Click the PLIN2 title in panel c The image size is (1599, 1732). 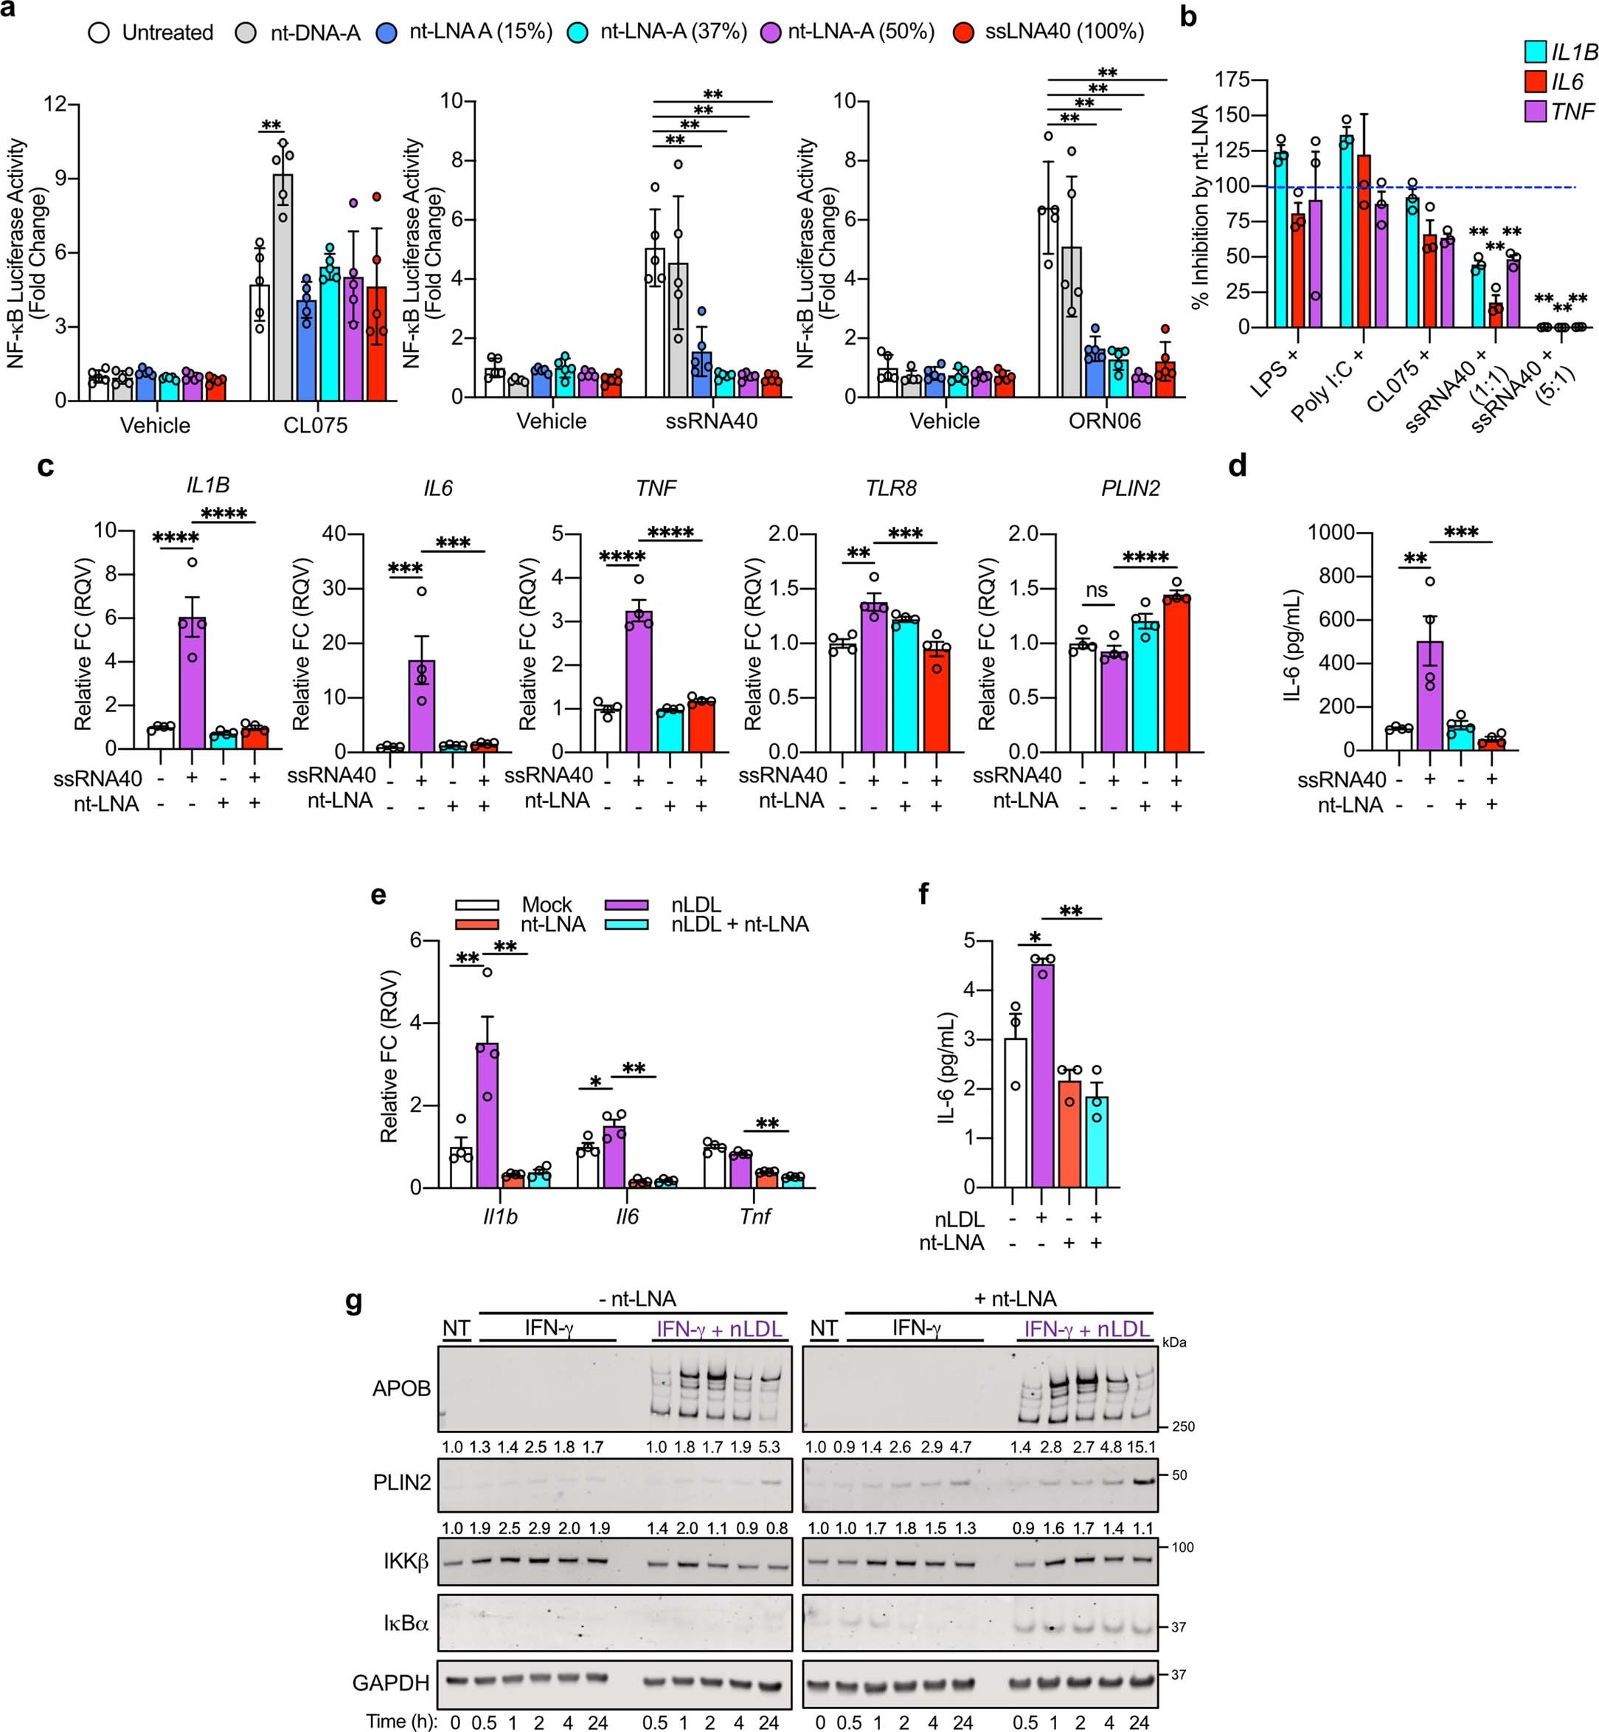pos(1129,489)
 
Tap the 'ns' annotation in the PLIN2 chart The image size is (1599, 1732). pos(1096,590)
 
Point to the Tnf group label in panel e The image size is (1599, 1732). pos(755,1216)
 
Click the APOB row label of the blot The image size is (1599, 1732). pos(401,1388)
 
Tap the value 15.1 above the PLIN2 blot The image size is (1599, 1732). pos(1140,1446)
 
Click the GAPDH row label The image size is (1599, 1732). pos(390,1683)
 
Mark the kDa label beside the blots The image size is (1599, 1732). pos(1174,1342)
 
